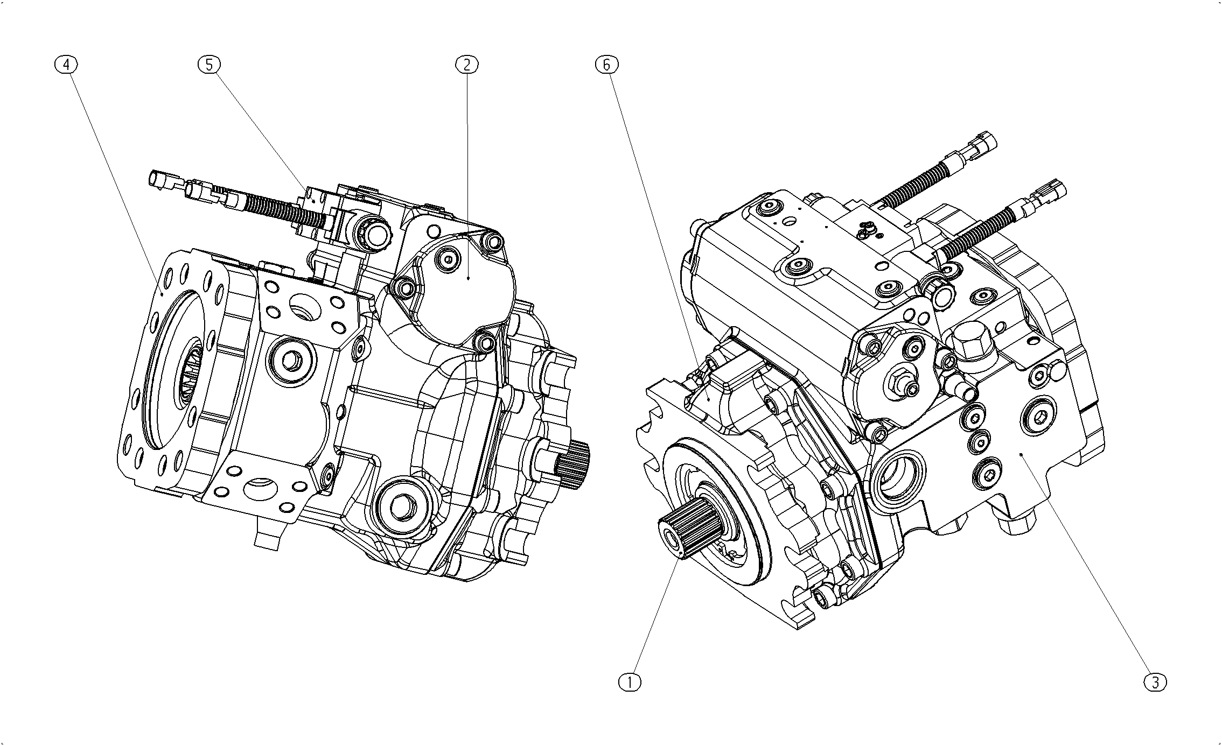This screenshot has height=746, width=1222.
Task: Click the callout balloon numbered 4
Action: click(66, 65)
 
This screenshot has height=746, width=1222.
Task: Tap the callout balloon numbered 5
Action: click(209, 65)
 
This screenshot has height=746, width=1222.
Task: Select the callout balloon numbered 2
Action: click(466, 65)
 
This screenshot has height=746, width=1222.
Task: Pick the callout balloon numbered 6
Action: click(606, 65)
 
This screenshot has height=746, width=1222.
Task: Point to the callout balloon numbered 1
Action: click(630, 682)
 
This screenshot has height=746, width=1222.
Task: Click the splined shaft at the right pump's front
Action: click(689, 528)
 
